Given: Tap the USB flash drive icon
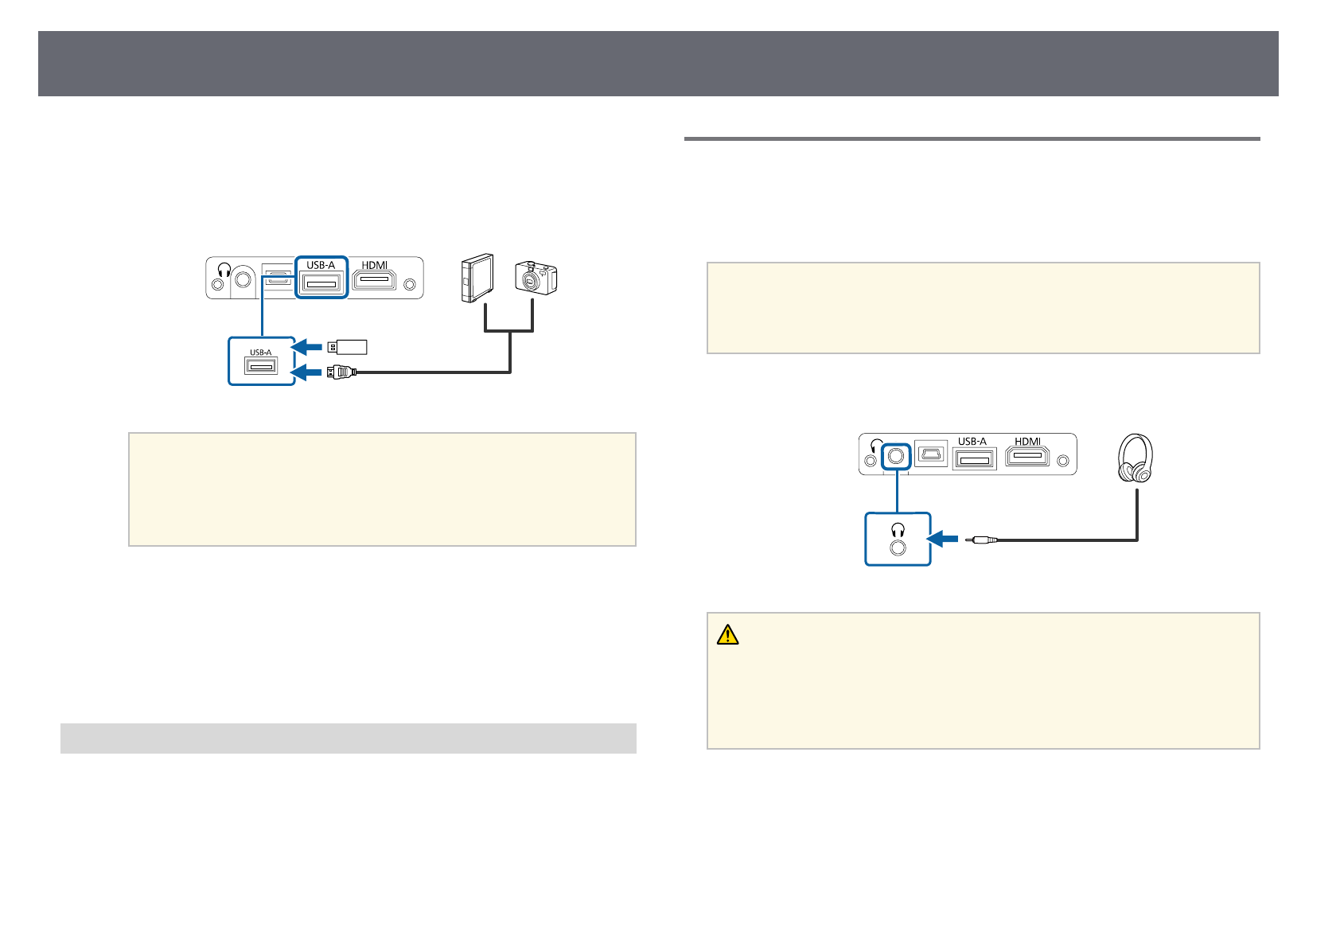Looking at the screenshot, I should pyautogui.click(x=347, y=346).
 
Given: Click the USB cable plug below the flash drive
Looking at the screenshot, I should pyautogui.click(x=340, y=371).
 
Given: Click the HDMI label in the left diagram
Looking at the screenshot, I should pyautogui.click(x=374, y=265).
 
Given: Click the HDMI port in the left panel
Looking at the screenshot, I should pyautogui.click(x=374, y=280).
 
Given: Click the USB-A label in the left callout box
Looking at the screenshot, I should pyautogui.click(x=261, y=352).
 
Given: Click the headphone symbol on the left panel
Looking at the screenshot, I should pyautogui.click(x=224, y=270).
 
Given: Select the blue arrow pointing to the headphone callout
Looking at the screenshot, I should pyautogui.click(x=944, y=540).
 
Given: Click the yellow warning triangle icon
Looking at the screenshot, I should pyautogui.click(x=728, y=634).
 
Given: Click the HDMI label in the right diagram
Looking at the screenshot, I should pyautogui.click(x=1027, y=441).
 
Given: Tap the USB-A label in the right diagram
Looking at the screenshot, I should pyautogui.click(x=972, y=441).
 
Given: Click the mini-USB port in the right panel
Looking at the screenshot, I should pyautogui.click(x=931, y=455).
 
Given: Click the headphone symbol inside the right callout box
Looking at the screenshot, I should pyautogui.click(x=898, y=530).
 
